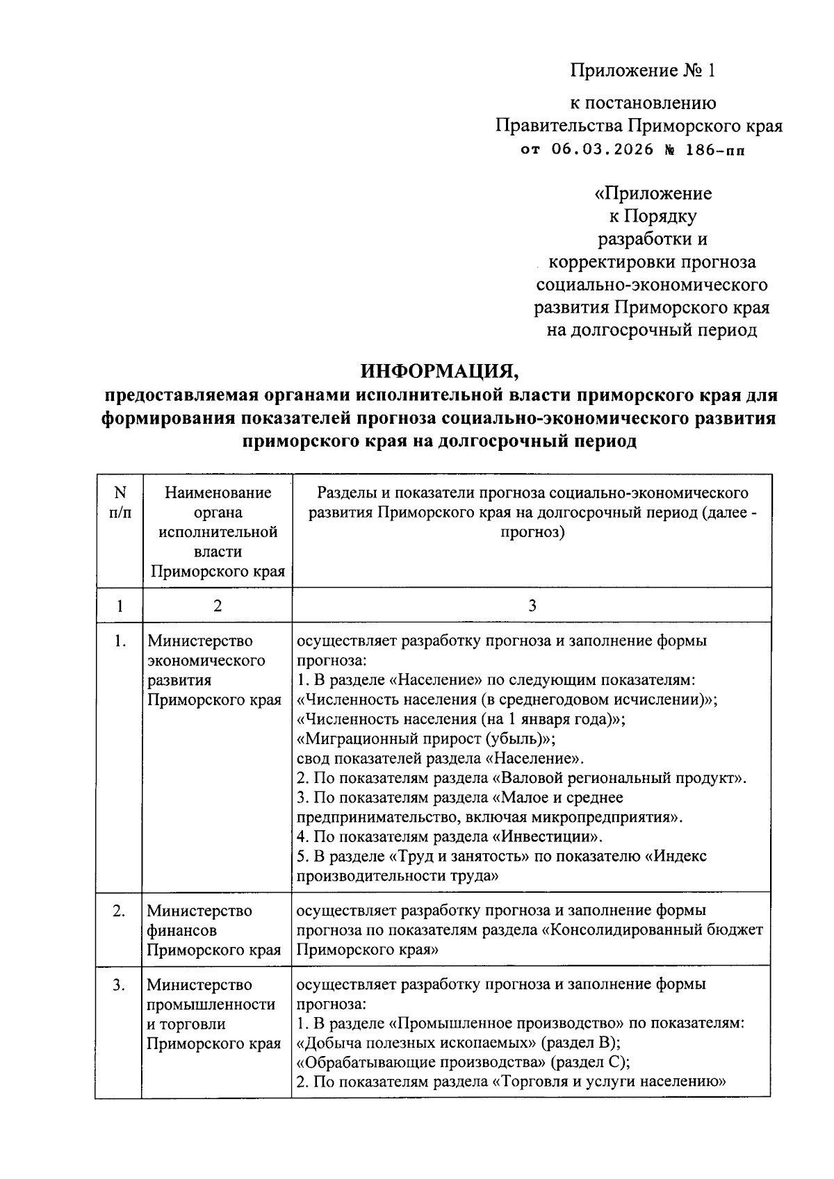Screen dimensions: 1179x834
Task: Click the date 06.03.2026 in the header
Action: (x=603, y=149)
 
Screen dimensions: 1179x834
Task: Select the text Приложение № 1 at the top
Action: (x=642, y=70)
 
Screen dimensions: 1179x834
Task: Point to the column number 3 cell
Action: (x=532, y=606)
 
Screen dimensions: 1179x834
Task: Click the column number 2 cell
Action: (x=218, y=606)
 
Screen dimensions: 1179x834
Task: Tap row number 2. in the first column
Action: (x=120, y=911)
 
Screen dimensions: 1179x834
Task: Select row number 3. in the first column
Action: (x=120, y=984)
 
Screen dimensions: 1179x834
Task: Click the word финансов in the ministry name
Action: (x=181, y=930)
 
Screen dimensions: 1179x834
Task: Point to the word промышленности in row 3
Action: (x=211, y=1005)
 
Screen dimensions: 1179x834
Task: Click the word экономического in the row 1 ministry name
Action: (x=206, y=661)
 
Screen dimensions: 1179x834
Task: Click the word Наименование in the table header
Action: (x=218, y=493)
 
